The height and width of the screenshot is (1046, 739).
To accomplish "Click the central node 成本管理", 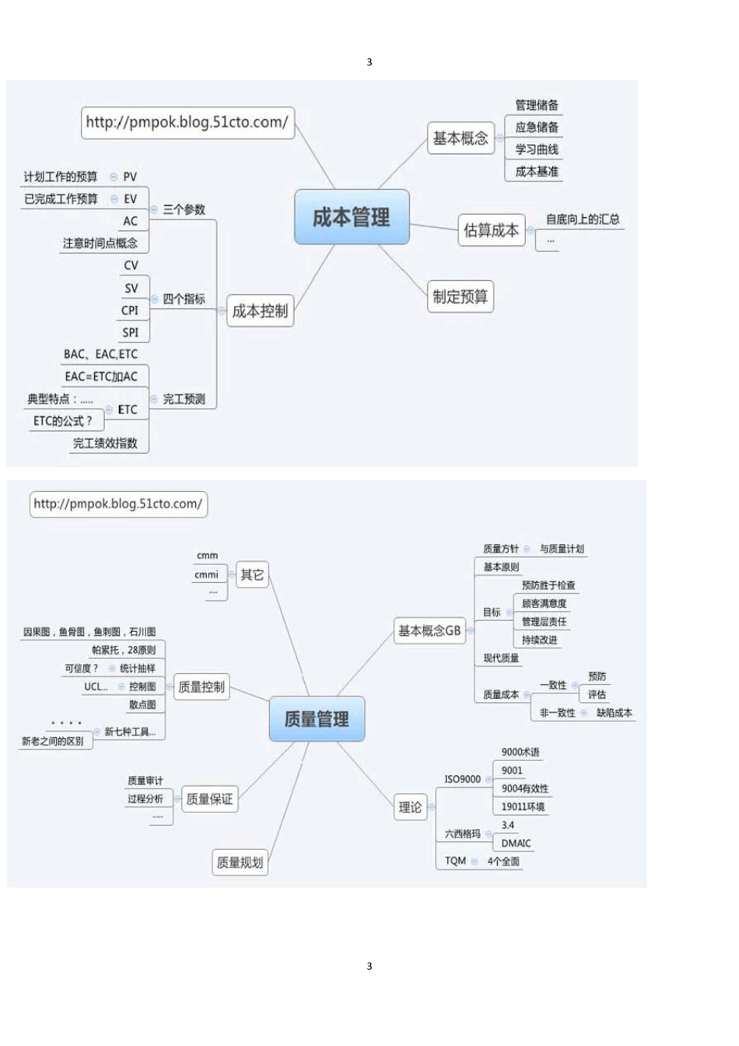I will click(x=352, y=217).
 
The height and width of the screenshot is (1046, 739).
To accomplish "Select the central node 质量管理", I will click(x=317, y=718).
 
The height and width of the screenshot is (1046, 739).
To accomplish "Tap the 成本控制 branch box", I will click(x=260, y=311).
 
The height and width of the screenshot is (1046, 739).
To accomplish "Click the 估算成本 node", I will click(x=491, y=230).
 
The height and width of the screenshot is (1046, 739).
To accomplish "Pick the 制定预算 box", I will click(x=460, y=297).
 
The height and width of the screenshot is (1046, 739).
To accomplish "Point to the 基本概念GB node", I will click(x=429, y=630).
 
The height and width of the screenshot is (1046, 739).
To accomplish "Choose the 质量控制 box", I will click(x=201, y=686).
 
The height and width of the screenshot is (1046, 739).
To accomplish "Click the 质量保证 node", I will click(x=209, y=799).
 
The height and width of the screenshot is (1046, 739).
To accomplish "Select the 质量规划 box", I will click(x=240, y=862).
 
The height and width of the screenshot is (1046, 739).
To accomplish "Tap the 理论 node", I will click(x=410, y=808).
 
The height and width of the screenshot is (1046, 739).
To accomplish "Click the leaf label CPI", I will click(x=130, y=311).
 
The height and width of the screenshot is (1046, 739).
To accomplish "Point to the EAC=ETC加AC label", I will click(x=101, y=377).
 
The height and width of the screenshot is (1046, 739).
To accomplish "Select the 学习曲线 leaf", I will click(x=537, y=149).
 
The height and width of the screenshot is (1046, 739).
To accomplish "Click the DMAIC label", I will click(x=516, y=844).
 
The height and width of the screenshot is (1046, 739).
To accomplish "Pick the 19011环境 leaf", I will click(x=523, y=807).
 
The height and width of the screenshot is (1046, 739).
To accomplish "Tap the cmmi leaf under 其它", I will click(x=206, y=574).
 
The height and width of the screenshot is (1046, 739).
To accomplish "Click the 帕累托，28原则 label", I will click(x=124, y=650).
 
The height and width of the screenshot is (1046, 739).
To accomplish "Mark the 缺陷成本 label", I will click(x=615, y=713).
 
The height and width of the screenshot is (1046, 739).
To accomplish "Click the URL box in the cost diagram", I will click(x=187, y=122).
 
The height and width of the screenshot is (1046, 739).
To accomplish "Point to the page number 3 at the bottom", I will click(x=369, y=966).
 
